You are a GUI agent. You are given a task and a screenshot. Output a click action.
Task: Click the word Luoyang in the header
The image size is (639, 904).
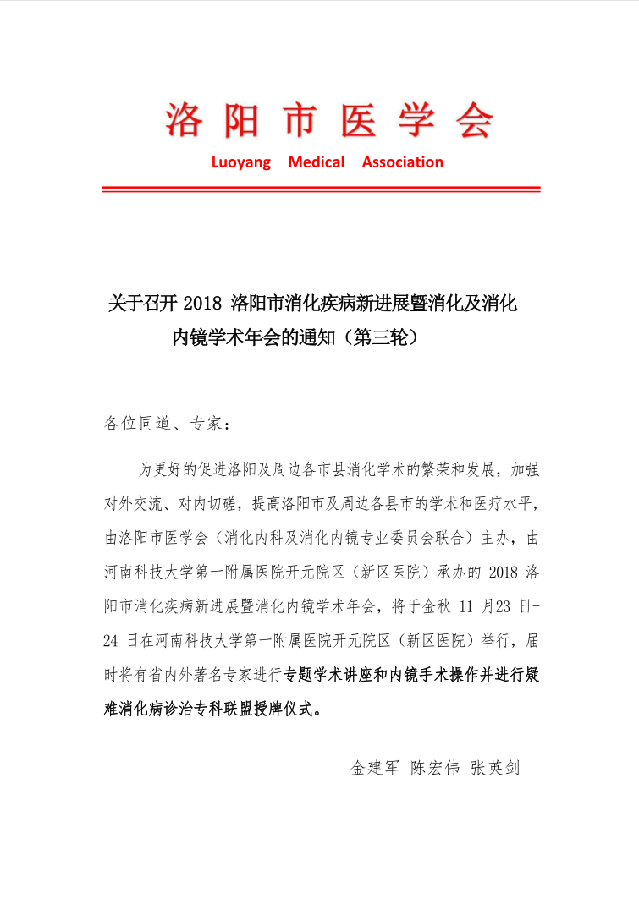tap(241, 162)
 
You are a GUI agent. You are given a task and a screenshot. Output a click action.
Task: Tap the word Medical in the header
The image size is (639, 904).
tap(317, 162)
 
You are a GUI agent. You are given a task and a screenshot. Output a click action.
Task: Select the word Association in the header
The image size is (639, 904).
tap(403, 162)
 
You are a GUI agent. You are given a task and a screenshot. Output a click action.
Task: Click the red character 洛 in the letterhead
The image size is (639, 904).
tap(185, 119)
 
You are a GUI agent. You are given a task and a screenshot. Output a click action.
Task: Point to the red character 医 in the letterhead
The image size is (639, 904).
tap(361, 119)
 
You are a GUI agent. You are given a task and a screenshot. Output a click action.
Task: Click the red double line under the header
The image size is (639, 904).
tap(321, 189)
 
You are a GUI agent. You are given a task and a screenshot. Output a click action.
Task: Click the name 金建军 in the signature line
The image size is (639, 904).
tap(374, 769)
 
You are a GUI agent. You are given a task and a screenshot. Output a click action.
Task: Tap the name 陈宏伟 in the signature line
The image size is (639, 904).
tap(435, 769)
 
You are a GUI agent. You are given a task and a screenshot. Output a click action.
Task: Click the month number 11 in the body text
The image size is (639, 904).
tap(466, 606)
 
